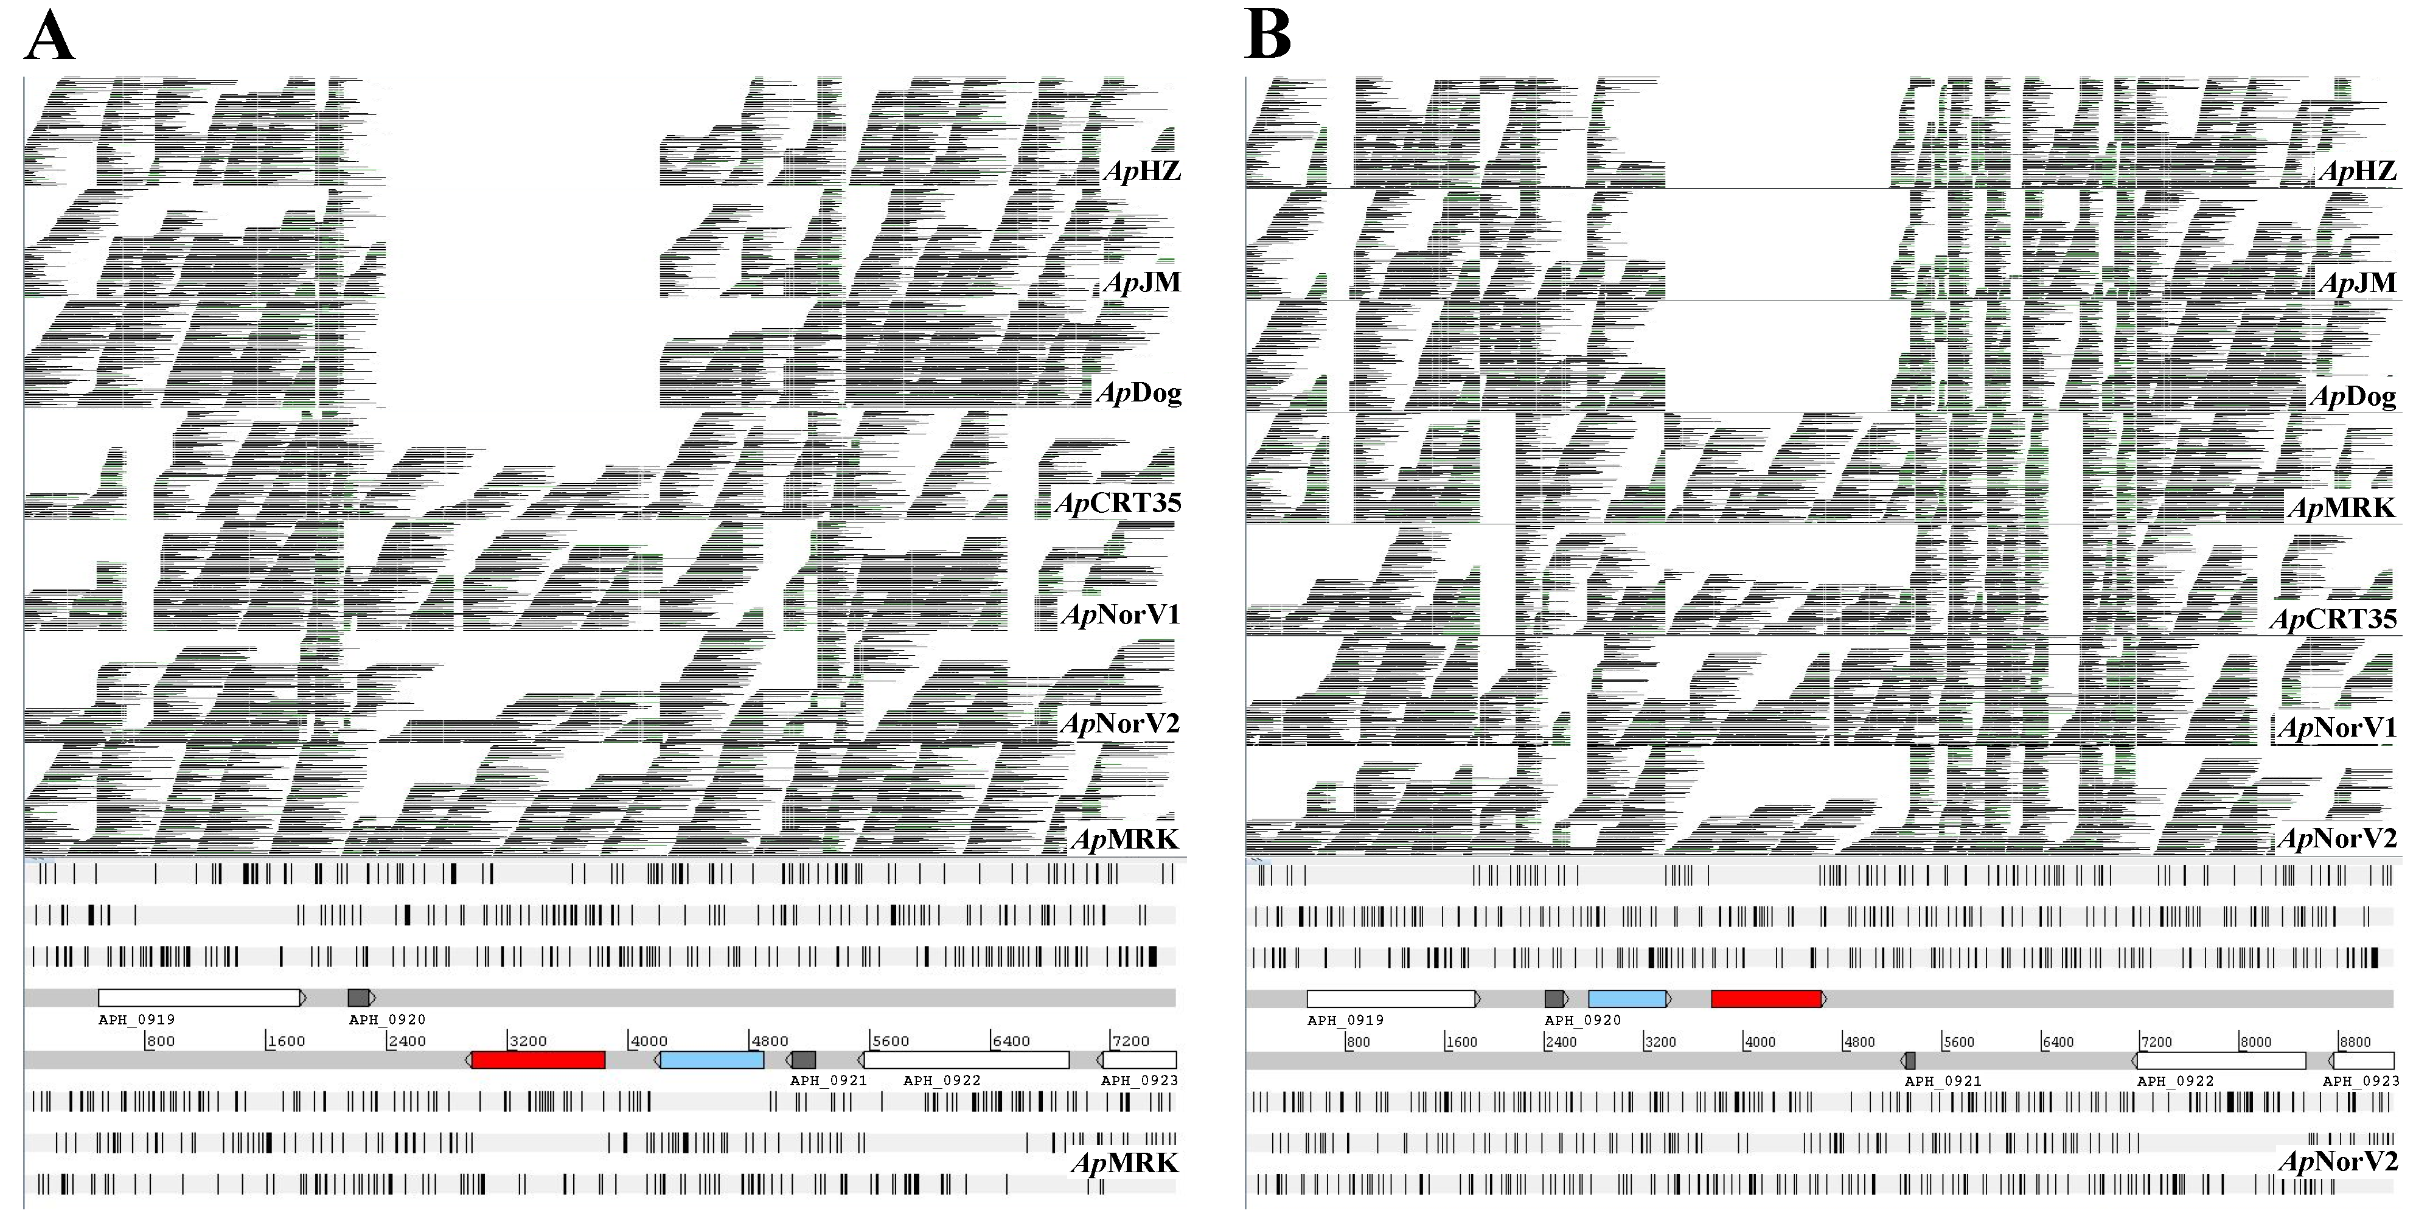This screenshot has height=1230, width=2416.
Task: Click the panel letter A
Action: pyautogui.click(x=49, y=38)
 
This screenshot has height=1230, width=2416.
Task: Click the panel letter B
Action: pyautogui.click(x=1267, y=38)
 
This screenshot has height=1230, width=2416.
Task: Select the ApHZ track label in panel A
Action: pyautogui.click(x=1141, y=170)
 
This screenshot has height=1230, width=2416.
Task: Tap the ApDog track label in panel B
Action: pyautogui.click(x=2353, y=397)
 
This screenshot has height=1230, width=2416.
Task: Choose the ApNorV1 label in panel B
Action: pyautogui.click(x=2336, y=728)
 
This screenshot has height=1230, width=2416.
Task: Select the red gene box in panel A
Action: pyautogui.click(x=537, y=1060)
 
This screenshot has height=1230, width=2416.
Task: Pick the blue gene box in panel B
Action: pyautogui.click(x=1627, y=998)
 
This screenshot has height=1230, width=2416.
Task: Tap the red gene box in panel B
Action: pyautogui.click(x=1766, y=998)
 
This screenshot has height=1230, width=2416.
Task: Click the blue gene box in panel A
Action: pyautogui.click(x=712, y=1060)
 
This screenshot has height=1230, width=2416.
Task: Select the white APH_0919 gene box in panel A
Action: pyautogui.click(x=199, y=998)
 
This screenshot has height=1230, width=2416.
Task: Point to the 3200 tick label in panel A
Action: pyautogui.click(x=528, y=1041)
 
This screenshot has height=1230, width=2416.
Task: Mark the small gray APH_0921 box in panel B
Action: pyautogui.click(x=1910, y=1060)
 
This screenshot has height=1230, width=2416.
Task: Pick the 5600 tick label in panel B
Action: pyautogui.click(x=1958, y=1041)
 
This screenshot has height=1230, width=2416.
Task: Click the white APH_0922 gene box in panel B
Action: pyautogui.click(x=2221, y=1060)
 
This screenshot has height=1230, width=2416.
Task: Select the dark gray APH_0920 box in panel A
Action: pyautogui.click(x=358, y=998)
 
